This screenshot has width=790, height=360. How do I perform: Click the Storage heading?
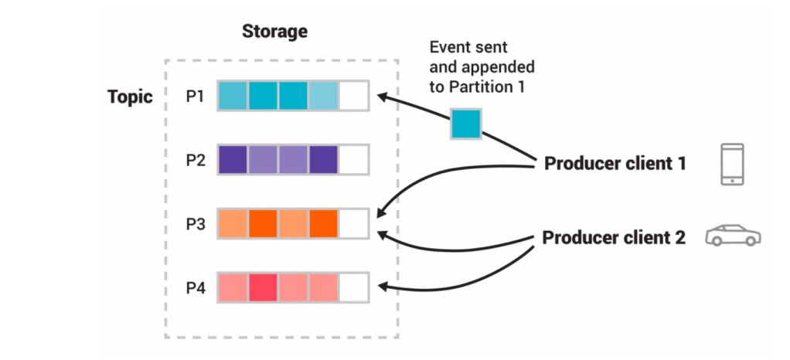tap(274, 32)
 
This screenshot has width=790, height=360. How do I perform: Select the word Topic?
tap(130, 97)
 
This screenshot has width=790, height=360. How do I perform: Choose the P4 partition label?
tap(195, 287)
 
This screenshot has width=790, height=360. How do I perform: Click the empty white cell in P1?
tap(354, 96)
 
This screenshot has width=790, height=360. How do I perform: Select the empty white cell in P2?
tap(354, 159)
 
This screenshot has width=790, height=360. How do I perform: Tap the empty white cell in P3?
tap(354, 223)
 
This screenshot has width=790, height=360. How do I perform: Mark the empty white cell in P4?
tap(354, 287)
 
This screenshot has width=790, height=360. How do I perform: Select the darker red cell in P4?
tap(263, 287)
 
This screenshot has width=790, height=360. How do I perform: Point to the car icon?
tap(732, 236)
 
